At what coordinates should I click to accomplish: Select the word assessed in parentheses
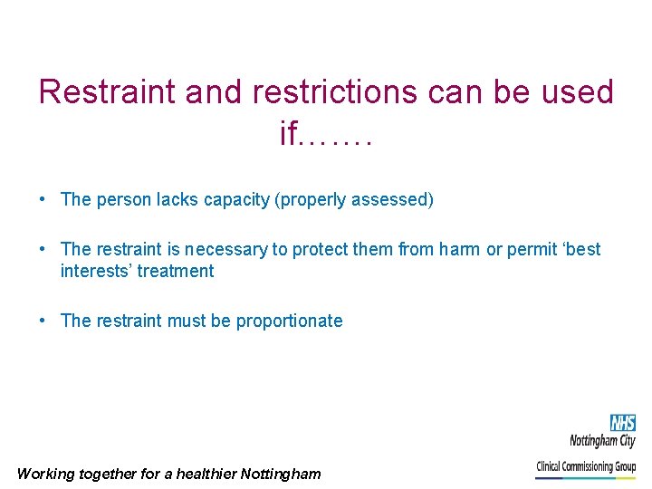pos(393,199)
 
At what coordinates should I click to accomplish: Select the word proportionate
pos(289,321)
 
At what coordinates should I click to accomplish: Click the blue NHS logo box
pos(622,423)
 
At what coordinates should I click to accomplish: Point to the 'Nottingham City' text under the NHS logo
pos(602,441)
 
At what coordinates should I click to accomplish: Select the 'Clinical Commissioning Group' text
pos(586,466)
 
